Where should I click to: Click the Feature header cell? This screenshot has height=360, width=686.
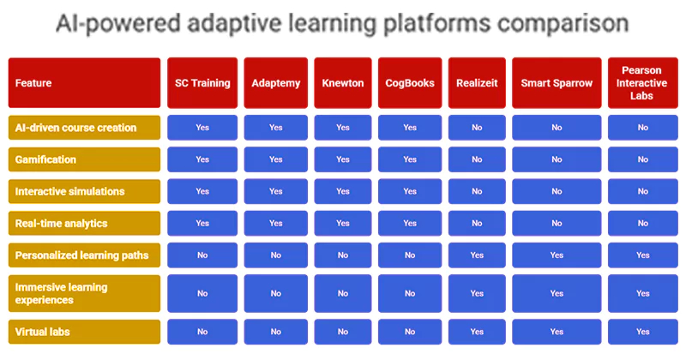point(84,83)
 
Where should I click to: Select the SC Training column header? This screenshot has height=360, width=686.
point(202,83)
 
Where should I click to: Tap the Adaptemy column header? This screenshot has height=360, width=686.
point(275,83)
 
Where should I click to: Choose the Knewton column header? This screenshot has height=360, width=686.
point(342,83)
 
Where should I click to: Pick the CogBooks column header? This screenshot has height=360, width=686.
point(410,83)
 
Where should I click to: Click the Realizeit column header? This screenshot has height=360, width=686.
point(477,83)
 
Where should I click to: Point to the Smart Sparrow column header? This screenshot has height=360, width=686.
point(557,83)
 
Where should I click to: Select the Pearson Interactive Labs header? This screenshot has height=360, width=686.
point(642,83)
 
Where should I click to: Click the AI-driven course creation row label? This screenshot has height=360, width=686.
point(84,128)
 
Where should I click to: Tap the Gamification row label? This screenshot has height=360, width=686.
point(84,159)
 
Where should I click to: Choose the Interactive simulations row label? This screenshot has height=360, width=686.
point(84,191)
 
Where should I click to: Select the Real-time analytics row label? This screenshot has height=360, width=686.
point(84,223)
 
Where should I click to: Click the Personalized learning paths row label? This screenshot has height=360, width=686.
point(84,255)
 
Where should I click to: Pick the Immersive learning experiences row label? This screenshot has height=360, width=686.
point(84,293)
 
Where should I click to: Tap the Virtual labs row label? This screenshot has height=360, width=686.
point(84,331)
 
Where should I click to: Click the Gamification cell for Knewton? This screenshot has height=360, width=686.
point(342,159)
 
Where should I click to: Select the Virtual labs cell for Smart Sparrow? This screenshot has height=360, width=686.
point(557,331)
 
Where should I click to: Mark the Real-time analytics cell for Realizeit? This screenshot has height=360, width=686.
point(477,223)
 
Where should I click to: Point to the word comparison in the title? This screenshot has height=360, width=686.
point(551,23)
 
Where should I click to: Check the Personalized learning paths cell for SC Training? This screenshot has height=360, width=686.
point(202,255)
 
